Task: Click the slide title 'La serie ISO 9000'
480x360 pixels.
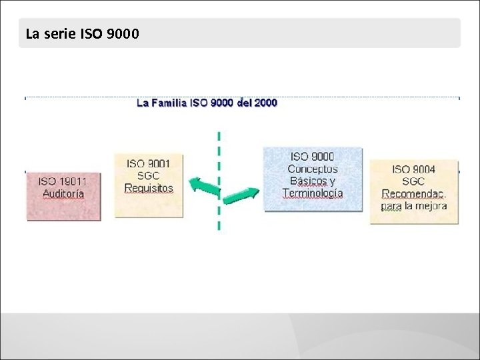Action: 82,33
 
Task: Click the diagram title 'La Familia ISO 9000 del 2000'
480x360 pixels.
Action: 207,103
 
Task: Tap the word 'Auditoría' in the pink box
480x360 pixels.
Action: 63,194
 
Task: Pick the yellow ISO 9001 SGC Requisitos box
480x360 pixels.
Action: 149,185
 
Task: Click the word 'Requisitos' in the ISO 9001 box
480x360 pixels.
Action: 149,188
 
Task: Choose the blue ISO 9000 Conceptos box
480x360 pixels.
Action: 313,179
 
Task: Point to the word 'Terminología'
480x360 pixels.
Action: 313,193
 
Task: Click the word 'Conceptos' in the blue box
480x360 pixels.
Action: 313,169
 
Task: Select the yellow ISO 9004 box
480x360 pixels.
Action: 414,191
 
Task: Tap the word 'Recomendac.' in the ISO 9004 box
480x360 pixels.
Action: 414,194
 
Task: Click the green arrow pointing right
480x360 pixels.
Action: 241,196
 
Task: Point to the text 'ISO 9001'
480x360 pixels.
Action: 149,163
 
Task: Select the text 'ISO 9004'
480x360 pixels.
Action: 414,169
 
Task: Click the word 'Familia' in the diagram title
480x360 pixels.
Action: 169,103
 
